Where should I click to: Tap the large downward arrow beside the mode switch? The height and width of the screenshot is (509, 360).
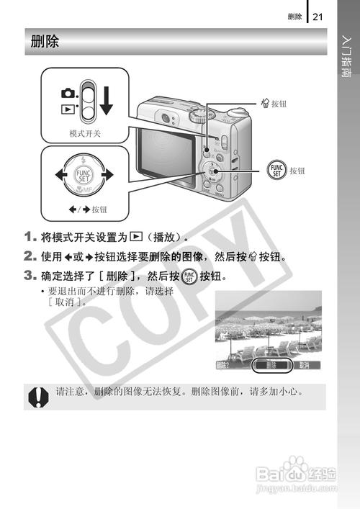107,99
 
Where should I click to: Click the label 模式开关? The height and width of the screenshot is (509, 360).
85,134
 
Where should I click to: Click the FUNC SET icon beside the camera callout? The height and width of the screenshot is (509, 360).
276,170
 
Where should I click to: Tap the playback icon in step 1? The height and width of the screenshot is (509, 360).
134,236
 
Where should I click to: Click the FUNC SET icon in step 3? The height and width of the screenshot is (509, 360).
189,276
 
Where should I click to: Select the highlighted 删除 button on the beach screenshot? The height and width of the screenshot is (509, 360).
271,365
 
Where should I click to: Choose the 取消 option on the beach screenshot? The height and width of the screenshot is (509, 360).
305,365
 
